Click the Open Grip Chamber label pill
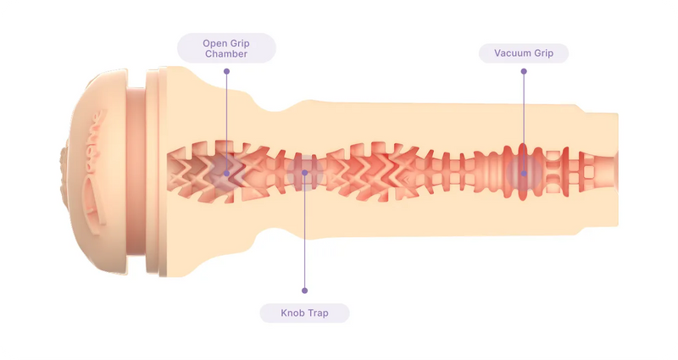point(226,48)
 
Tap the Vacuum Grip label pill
point(524,53)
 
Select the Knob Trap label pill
point(304,313)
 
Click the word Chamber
point(226,54)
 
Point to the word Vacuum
point(512,53)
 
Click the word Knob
point(293,313)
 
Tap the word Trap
point(318,313)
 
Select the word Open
point(214,42)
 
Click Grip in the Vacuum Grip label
point(543,53)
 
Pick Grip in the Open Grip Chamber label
point(240,42)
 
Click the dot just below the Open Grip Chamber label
point(226,71)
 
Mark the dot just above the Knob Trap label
point(304,291)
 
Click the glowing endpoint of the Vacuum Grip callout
point(524,174)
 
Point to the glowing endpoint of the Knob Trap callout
point(304,174)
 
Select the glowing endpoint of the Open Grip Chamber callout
point(226,174)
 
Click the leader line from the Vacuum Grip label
point(524,119)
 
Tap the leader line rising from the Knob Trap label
point(304,237)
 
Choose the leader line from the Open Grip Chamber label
point(226,119)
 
